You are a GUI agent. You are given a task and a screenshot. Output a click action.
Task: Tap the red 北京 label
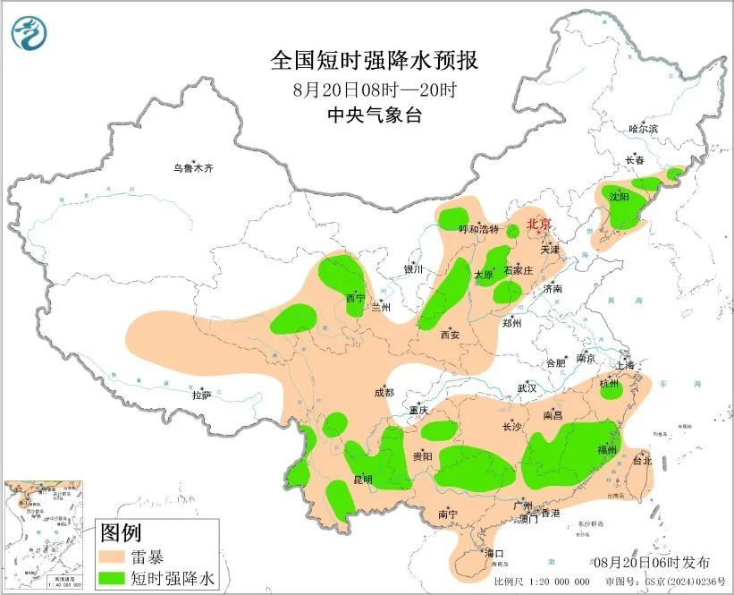(538, 224)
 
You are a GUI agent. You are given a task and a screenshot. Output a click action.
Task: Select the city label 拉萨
(201, 395)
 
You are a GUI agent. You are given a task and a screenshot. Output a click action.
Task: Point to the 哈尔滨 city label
(642, 130)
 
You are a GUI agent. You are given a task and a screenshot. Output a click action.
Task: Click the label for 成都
(384, 392)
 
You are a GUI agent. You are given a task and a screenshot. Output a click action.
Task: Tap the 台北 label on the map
(642, 461)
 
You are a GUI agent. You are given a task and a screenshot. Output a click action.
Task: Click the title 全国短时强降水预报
(375, 61)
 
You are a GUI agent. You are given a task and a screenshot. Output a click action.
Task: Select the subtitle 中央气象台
(375, 115)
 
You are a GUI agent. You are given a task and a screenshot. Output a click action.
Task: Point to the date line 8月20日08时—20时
(375, 89)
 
